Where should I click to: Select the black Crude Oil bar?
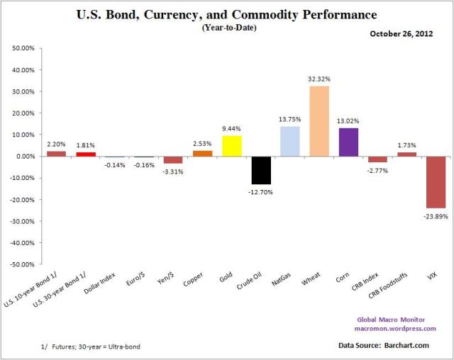coord(261,170)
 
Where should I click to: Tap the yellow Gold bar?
coord(232,146)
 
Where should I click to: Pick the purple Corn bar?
coord(348,142)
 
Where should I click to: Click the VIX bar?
coord(435,182)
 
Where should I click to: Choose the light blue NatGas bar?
coord(290,141)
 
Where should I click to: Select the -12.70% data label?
coord(261,191)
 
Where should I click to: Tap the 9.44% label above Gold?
coord(232,129)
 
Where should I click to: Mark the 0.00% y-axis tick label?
coord(21,156)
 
